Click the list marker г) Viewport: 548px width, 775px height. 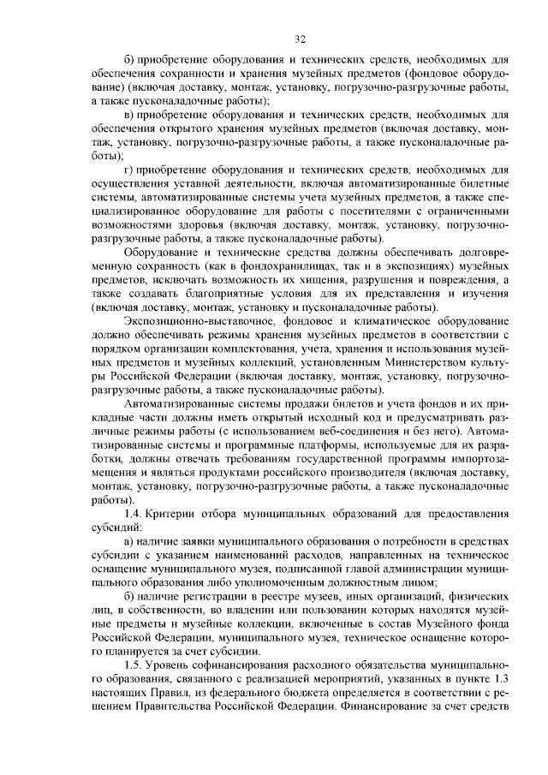128,170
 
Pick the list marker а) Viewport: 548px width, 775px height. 129,541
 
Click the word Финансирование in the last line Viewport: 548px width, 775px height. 384,707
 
